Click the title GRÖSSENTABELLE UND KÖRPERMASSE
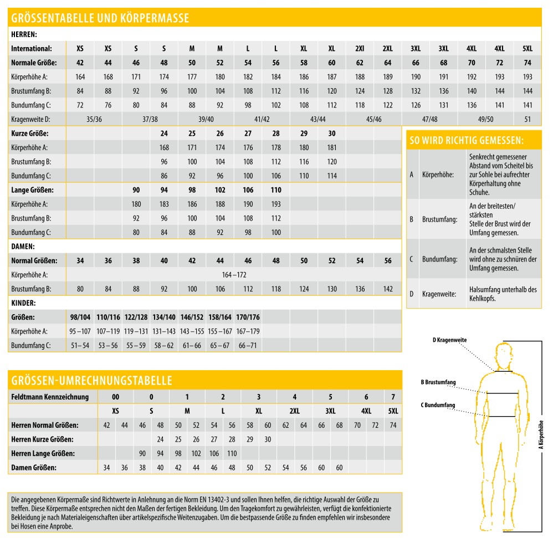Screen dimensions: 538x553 click(100, 18)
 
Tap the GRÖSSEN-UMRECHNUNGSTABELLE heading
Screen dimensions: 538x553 click(92, 381)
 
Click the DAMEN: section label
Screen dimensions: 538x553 click(23, 246)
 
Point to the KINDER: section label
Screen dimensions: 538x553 click(24, 304)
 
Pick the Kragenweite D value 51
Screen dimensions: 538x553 click(528, 119)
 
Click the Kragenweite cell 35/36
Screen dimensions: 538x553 click(94, 119)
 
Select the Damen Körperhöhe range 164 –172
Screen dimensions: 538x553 click(234, 275)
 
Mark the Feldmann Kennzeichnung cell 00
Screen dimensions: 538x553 click(115, 397)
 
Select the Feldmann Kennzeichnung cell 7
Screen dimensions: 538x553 click(393, 397)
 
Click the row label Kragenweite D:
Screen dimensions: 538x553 click(31, 119)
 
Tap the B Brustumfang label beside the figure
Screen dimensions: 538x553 click(438, 382)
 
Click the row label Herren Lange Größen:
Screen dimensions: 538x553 click(43, 454)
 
